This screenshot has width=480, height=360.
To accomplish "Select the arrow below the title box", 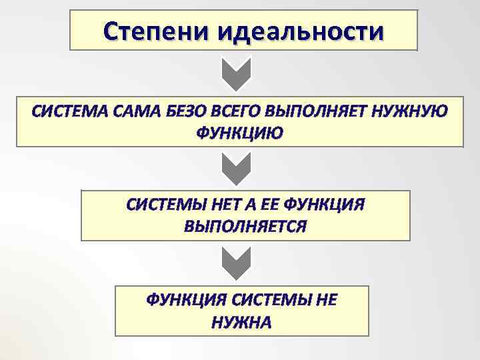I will [236, 74].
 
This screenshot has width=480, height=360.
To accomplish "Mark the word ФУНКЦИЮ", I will [239, 133].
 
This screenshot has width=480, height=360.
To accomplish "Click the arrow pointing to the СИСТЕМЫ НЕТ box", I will [236, 169].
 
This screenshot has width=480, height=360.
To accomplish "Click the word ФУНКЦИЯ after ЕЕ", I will [324, 204].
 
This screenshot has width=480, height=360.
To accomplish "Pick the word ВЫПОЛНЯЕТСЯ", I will [245, 226].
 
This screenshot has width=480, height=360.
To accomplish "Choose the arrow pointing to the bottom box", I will [236, 263].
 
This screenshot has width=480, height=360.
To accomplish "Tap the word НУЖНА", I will [241, 322].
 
